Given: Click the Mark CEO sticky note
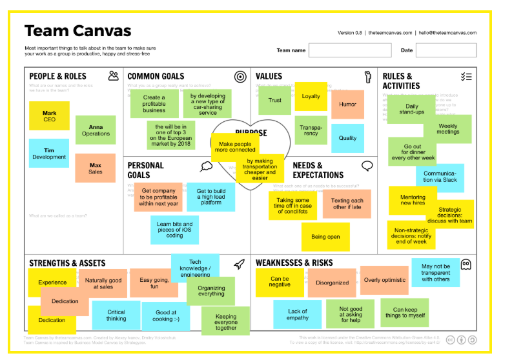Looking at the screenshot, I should point(49,115).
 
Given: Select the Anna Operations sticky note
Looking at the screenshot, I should point(96,130).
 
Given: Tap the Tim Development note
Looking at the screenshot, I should point(49,153).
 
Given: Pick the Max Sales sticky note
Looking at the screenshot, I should point(95,168).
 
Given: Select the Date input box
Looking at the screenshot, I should point(445,50).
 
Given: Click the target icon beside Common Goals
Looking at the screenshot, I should point(240,77).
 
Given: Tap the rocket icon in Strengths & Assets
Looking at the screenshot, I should point(239,264).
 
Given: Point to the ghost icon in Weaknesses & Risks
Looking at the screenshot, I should point(466,264).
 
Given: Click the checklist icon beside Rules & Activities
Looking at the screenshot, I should point(466,77).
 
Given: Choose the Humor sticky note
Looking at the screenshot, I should point(347,104).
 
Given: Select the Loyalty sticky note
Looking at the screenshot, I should point(311,96).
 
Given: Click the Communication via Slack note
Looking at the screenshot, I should point(440,175).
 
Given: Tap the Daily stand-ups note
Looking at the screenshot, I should point(411,108).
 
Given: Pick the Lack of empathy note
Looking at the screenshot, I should point(298,314).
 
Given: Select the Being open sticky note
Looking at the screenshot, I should point(325,237).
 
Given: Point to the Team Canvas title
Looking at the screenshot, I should point(77,30).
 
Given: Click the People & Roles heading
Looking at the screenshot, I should point(57,77).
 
